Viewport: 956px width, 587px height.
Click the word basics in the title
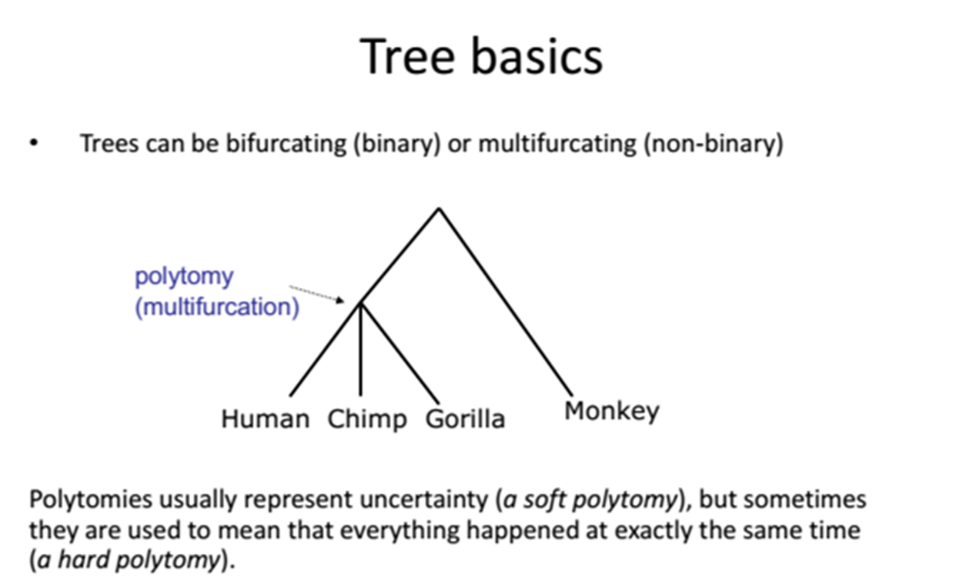click(x=537, y=56)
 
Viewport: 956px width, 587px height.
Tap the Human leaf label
click(x=265, y=419)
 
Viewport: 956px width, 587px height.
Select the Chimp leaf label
click(x=366, y=420)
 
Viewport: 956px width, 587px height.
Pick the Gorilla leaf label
click(x=464, y=419)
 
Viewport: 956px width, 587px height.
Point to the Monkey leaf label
click(x=611, y=412)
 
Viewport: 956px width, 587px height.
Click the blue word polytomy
click(x=184, y=278)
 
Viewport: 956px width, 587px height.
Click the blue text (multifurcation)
click(x=217, y=307)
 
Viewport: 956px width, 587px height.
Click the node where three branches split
click(x=360, y=303)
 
